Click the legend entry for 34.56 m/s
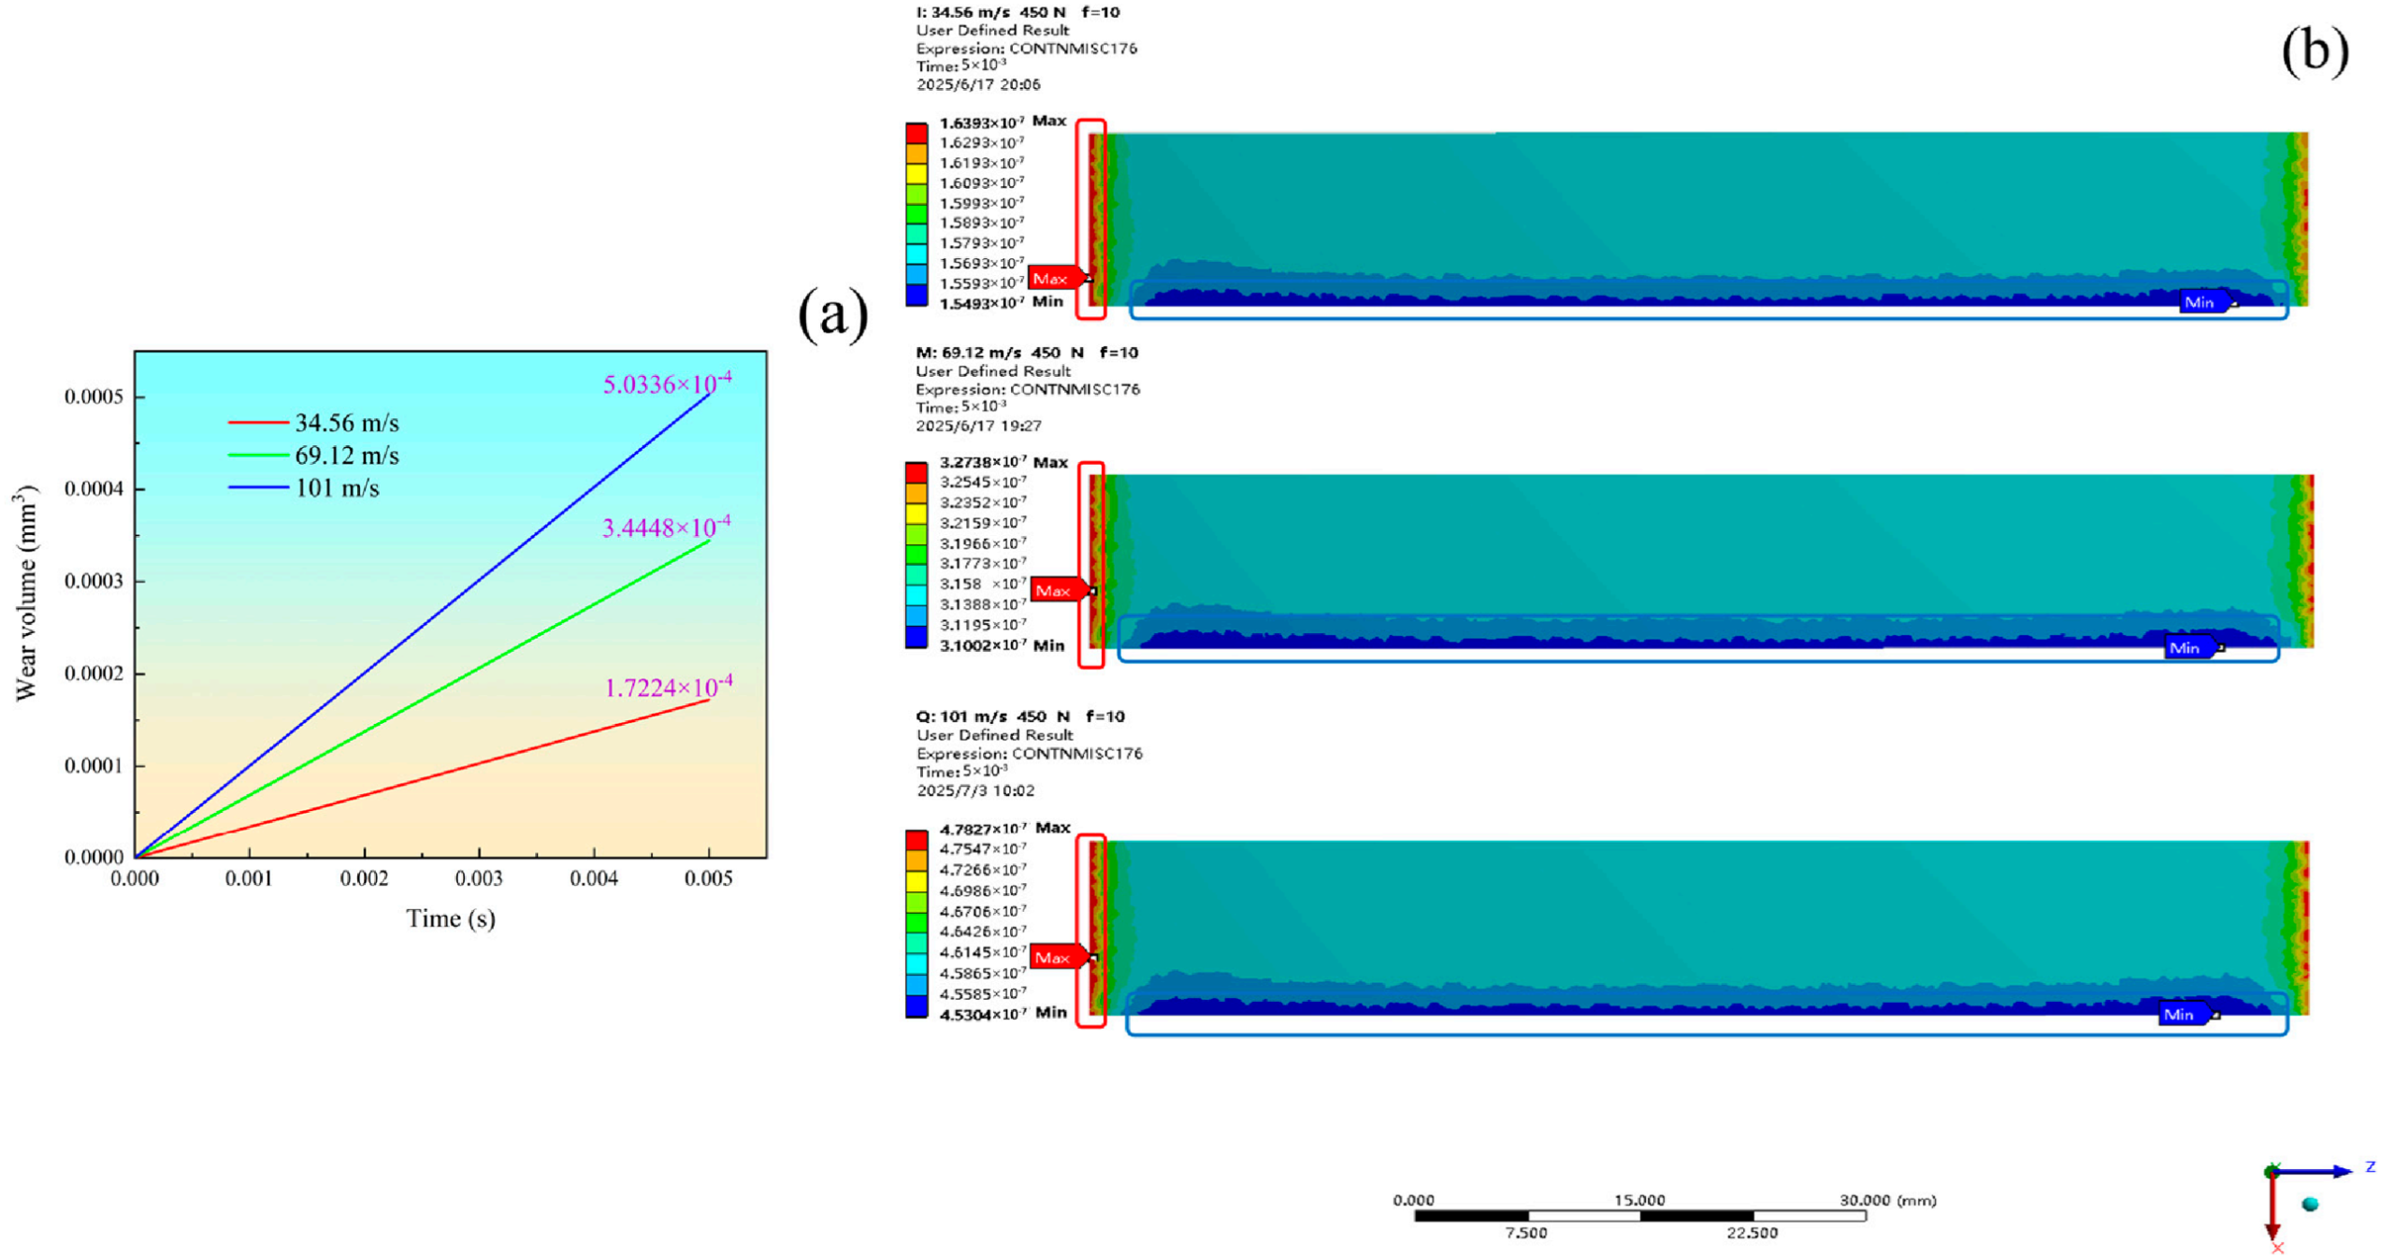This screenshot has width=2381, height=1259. click(x=314, y=423)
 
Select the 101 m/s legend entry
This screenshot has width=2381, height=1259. click(x=304, y=488)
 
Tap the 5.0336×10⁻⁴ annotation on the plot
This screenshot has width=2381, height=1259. click(x=667, y=383)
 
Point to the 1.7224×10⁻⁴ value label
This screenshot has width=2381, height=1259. click(x=668, y=687)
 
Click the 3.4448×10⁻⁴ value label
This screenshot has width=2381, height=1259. click(x=666, y=527)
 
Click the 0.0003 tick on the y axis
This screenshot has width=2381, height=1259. click(x=94, y=582)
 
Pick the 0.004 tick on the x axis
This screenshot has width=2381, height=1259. click(x=594, y=879)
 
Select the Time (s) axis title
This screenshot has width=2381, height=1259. click(x=451, y=919)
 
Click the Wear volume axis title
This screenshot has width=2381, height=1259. click(x=27, y=593)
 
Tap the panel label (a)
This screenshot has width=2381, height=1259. click(x=833, y=314)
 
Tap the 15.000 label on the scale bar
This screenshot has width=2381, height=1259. click(x=1639, y=1200)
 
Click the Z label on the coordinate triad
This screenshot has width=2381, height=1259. click(x=2370, y=1166)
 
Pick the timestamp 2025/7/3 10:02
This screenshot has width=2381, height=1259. click(x=975, y=790)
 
